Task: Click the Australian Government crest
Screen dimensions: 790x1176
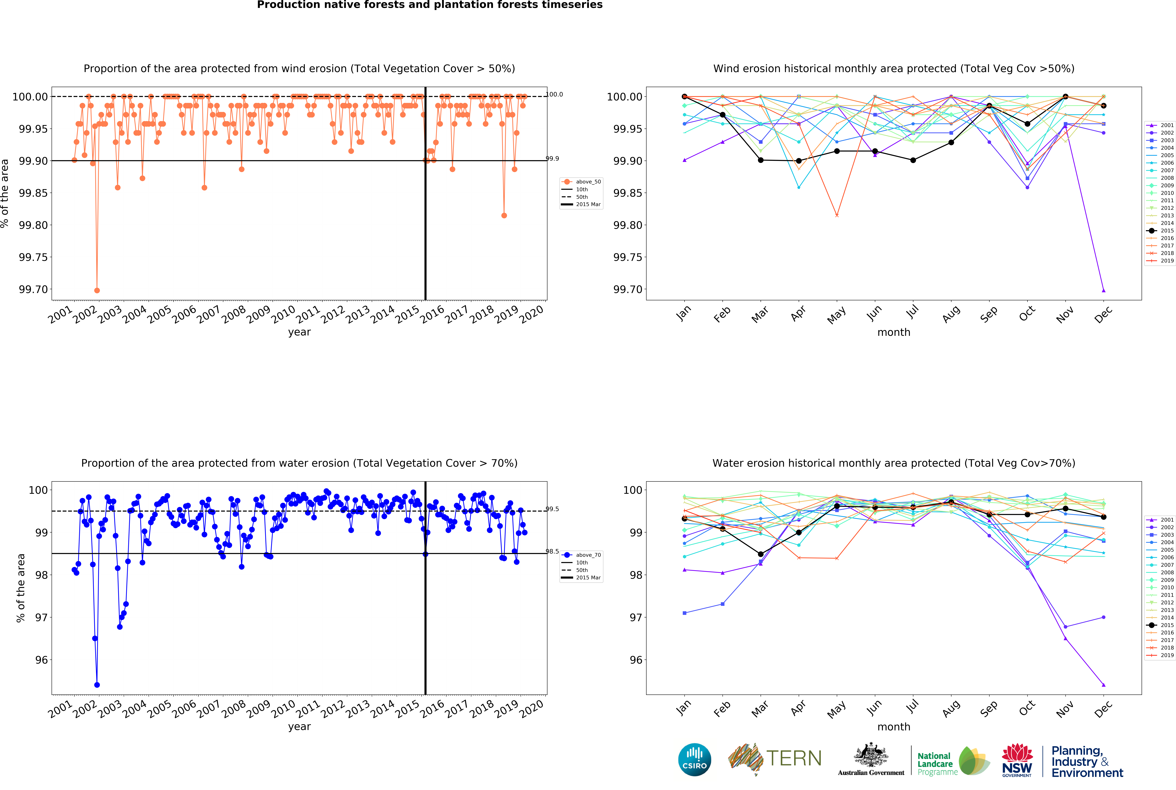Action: pos(871,756)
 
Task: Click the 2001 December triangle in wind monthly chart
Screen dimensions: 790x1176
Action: pos(1104,290)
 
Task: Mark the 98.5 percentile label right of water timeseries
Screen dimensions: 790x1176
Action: pos(552,551)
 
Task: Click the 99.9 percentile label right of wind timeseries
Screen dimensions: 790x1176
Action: pos(552,159)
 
